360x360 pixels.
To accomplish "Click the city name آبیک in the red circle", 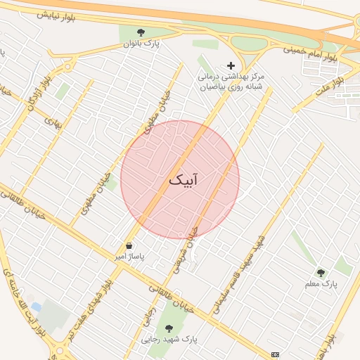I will [183, 180].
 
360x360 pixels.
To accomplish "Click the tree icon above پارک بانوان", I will [141, 32].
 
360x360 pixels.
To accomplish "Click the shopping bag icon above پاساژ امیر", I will [129, 246].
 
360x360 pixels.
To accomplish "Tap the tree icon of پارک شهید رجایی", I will [168, 328].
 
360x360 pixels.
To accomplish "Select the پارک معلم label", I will [321, 285].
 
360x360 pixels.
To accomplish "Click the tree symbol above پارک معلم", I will [321, 273].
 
